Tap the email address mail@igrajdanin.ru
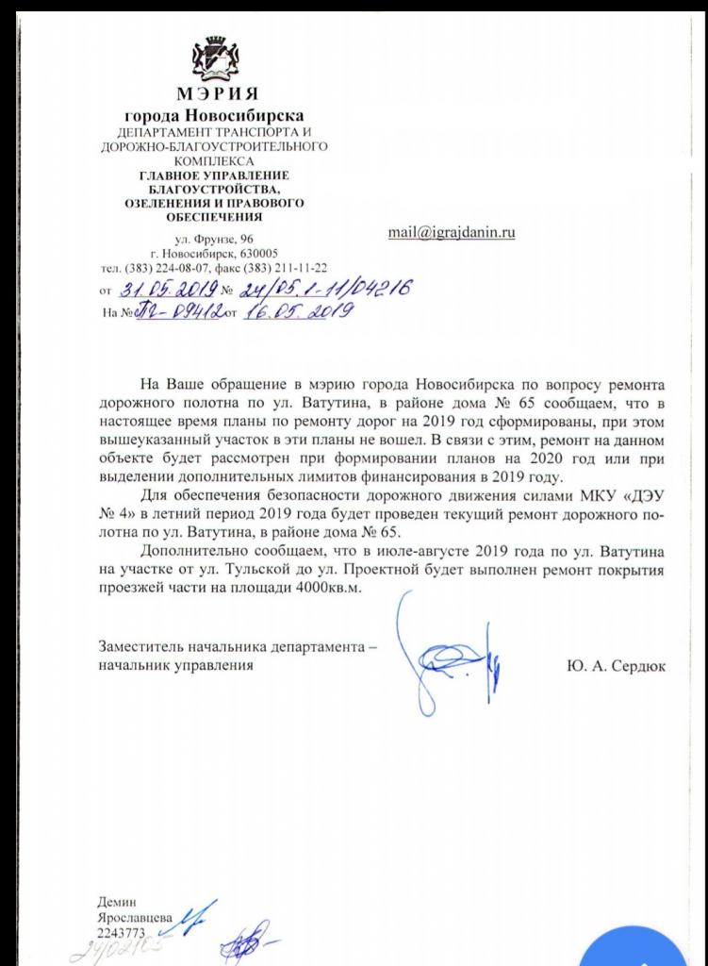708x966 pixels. (451, 232)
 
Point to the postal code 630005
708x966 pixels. (257, 254)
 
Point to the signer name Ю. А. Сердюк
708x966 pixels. (617, 666)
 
